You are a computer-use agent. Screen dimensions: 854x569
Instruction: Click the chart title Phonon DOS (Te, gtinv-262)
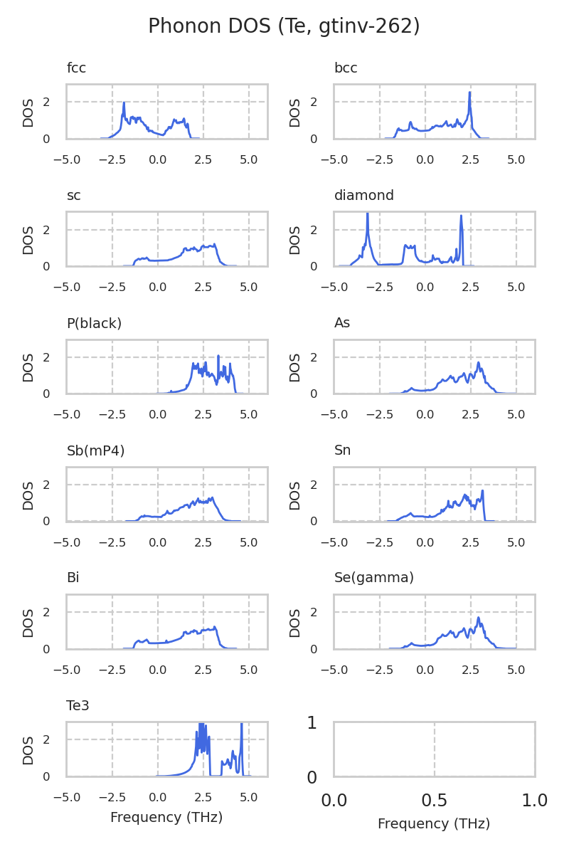(x=284, y=26)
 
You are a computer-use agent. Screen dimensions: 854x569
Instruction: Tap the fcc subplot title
(x=76, y=68)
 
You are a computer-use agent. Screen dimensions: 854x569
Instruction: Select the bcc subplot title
(x=346, y=68)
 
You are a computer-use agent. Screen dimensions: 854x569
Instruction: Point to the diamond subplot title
(x=363, y=196)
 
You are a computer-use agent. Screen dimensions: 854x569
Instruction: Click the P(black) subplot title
(x=94, y=323)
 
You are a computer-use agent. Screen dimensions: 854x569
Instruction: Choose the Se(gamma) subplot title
(x=373, y=578)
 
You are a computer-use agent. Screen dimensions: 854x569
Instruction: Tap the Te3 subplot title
(x=78, y=705)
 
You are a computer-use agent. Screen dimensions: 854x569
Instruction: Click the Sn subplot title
(x=342, y=450)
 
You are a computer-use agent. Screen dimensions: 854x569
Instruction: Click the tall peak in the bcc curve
(x=469, y=93)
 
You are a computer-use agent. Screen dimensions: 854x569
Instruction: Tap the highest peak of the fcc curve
(x=124, y=103)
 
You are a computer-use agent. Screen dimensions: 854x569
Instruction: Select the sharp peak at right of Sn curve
(x=482, y=491)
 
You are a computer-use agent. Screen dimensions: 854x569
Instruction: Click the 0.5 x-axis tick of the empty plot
(x=434, y=801)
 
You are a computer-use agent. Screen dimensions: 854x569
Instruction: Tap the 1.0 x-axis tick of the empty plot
(x=534, y=801)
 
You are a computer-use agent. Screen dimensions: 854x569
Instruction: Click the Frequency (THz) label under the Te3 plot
(x=166, y=818)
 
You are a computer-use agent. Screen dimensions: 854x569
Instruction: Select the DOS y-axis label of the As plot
(x=295, y=367)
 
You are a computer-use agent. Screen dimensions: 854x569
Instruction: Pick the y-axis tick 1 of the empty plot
(x=312, y=723)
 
